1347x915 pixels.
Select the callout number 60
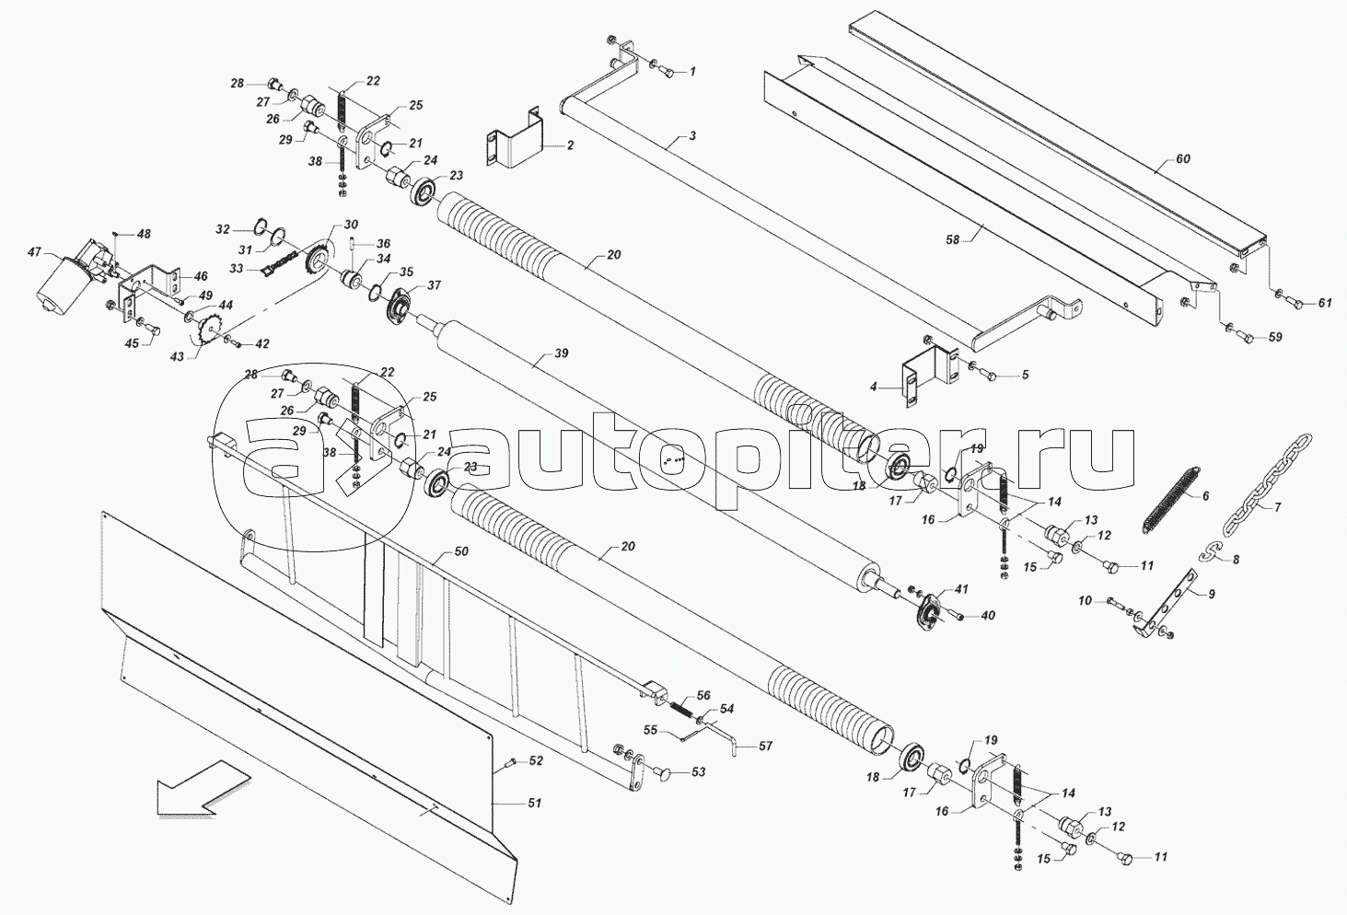(x=1183, y=159)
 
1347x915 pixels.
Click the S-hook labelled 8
(x=1209, y=551)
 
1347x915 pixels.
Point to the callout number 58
(x=952, y=239)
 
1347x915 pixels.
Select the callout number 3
(x=691, y=136)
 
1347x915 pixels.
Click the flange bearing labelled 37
(x=402, y=307)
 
